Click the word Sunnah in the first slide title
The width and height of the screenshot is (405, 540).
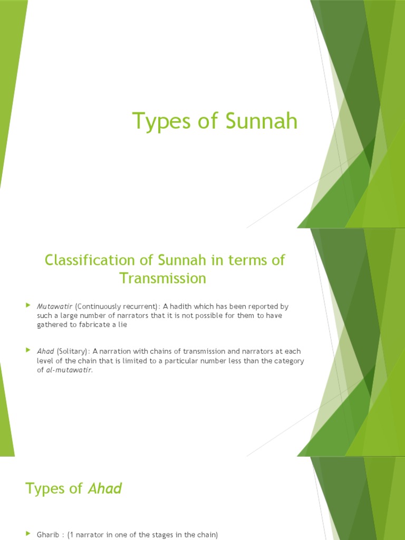pyautogui.click(x=263, y=121)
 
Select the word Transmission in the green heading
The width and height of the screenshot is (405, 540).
pyautogui.click(x=162, y=278)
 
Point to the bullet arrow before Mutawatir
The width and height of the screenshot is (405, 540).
pyautogui.click(x=28, y=306)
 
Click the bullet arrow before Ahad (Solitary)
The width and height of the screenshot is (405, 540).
pyautogui.click(x=28, y=350)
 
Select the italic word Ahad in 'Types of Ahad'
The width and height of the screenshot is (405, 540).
pyautogui.click(x=105, y=488)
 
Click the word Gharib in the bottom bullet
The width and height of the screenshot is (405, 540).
pyautogui.click(x=48, y=535)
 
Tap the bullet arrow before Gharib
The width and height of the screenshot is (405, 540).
pyautogui.click(x=28, y=534)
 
